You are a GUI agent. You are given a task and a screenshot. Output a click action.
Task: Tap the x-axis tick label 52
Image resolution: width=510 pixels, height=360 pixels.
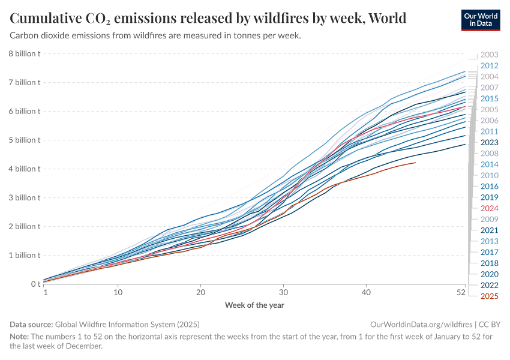point(461,292)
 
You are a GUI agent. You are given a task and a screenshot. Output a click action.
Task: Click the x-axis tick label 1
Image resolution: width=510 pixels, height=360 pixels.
point(46,292)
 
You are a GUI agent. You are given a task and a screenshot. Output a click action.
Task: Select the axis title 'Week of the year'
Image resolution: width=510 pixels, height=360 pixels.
point(254,305)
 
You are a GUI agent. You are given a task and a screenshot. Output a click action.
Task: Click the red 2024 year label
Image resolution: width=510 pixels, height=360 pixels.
point(489,208)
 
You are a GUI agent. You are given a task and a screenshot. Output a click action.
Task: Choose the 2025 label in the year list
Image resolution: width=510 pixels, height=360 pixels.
point(489,296)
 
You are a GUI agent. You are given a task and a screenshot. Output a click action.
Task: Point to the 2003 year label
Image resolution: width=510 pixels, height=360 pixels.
point(489,55)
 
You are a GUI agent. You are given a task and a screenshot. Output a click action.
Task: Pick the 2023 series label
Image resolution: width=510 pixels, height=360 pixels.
point(489,142)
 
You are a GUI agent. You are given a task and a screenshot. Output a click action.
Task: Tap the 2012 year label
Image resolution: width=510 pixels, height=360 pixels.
point(489,65)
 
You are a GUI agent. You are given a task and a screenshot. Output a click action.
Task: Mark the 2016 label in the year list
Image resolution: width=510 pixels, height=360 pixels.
point(489,187)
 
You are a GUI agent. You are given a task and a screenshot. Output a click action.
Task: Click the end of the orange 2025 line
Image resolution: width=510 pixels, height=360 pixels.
point(415,163)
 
